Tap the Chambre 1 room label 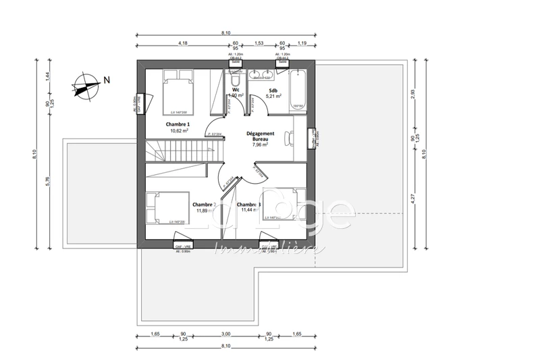pos(178,125)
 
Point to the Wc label pos(236,90)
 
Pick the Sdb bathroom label pos(273,90)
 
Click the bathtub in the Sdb pos(298,89)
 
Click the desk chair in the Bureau pos(289,137)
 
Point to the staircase pos(181,151)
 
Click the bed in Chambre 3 pos(283,204)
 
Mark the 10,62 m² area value pos(178,131)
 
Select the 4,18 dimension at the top pos(182,43)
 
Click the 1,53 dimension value pos(259,43)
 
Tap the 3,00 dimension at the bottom pos(226,334)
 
